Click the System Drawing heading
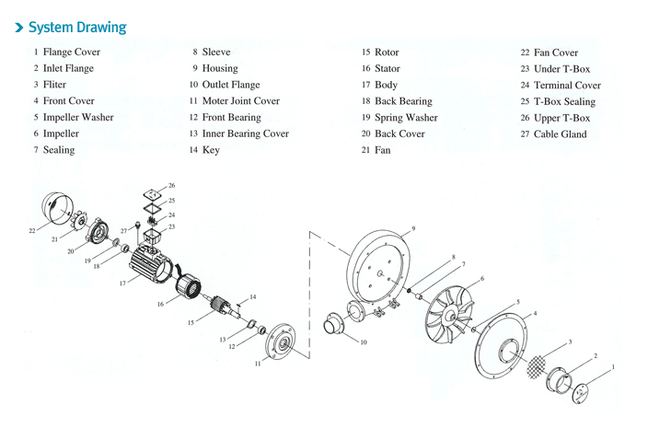click(x=77, y=28)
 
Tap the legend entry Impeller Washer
click(x=78, y=118)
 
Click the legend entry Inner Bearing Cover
click(x=245, y=133)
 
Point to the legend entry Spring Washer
click(x=406, y=118)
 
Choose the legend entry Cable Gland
click(x=560, y=134)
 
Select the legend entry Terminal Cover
click(x=567, y=86)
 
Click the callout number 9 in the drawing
click(x=413, y=228)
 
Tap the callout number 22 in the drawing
click(x=32, y=230)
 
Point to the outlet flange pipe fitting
click(x=339, y=326)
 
